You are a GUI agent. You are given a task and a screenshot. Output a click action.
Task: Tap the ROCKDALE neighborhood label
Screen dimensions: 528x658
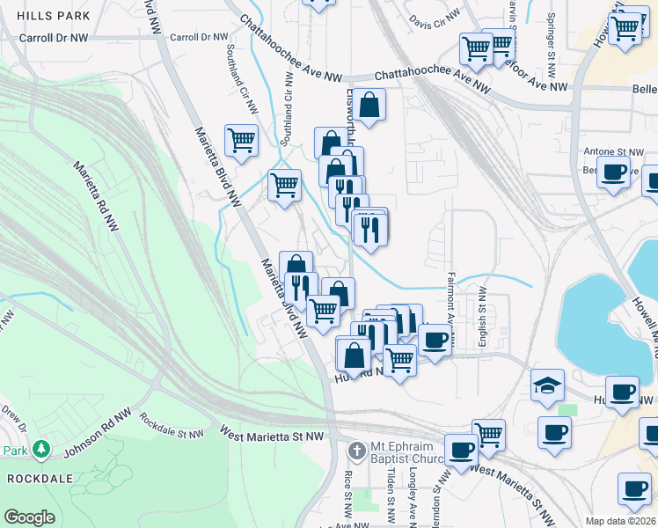33,479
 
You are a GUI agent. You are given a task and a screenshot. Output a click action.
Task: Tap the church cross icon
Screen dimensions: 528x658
356,451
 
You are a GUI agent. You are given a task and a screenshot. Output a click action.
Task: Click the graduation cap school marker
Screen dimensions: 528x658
548,385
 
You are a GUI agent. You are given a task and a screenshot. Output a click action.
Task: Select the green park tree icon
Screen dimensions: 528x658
41,450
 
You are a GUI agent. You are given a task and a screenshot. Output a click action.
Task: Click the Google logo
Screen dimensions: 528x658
29,517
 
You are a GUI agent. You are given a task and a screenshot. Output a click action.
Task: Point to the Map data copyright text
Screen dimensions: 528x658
621,521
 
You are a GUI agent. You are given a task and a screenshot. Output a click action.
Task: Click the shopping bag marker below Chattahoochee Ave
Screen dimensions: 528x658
371,105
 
